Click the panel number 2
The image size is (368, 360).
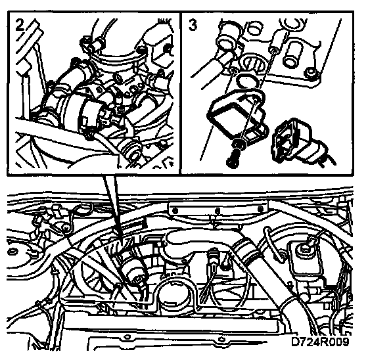20,24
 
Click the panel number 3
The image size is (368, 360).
193,25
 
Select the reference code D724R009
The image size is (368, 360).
320,342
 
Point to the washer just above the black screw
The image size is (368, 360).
239,144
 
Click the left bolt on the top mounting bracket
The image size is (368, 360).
174,210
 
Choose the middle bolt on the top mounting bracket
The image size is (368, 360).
218,210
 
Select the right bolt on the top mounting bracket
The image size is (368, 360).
260,209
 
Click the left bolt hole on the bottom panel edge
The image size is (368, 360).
127,337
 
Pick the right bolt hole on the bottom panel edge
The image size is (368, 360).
221,340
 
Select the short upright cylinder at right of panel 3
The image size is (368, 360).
293,53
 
